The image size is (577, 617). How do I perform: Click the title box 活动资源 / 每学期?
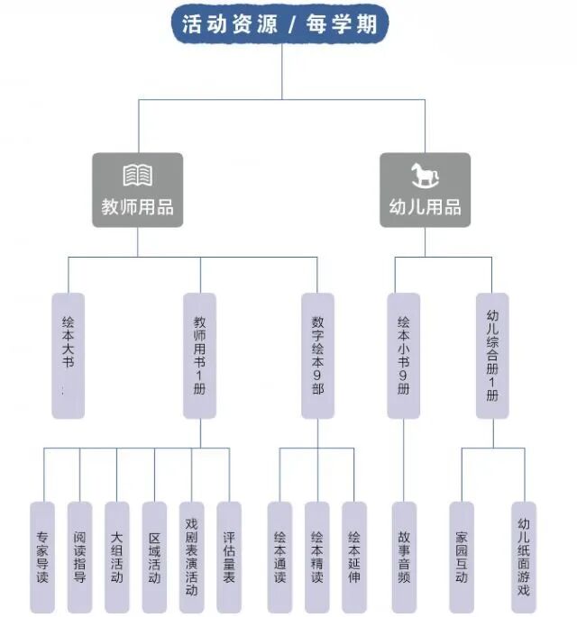click(x=280, y=24)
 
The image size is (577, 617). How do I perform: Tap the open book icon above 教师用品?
click(x=137, y=175)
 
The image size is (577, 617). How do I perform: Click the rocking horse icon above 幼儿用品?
click(x=424, y=175)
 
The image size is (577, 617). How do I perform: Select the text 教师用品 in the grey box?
click(x=137, y=207)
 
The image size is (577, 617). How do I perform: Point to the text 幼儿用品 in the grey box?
click(x=425, y=207)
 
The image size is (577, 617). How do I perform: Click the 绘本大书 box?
click(x=68, y=355)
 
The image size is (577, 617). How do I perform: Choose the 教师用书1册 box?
click(x=199, y=355)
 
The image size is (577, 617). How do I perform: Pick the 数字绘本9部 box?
click(x=317, y=355)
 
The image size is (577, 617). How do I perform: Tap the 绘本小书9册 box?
click(x=404, y=355)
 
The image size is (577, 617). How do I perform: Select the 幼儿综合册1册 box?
click(x=492, y=355)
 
